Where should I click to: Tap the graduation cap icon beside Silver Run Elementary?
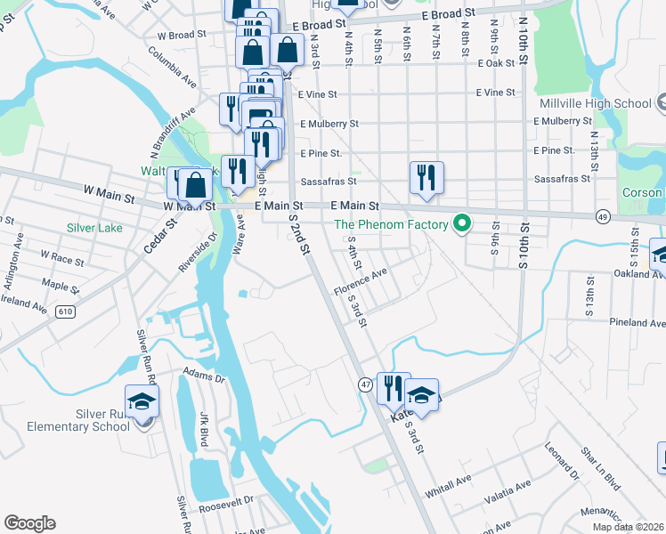pyautogui.click(x=142, y=401)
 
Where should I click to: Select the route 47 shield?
pyautogui.click(x=366, y=384)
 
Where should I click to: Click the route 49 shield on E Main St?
pyautogui.click(x=603, y=216)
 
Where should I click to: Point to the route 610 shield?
pyautogui.click(x=65, y=310)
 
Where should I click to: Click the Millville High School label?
pyautogui.click(x=595, y=103)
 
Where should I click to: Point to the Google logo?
pyautogui.click(x=29, y=523)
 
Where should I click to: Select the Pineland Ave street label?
pyautogui.click(x=638, y=322)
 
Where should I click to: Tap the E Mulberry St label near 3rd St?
pyautogui.click(x=329, y=124)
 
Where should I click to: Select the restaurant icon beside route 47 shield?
pyautogui.click(x=393, y=387)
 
